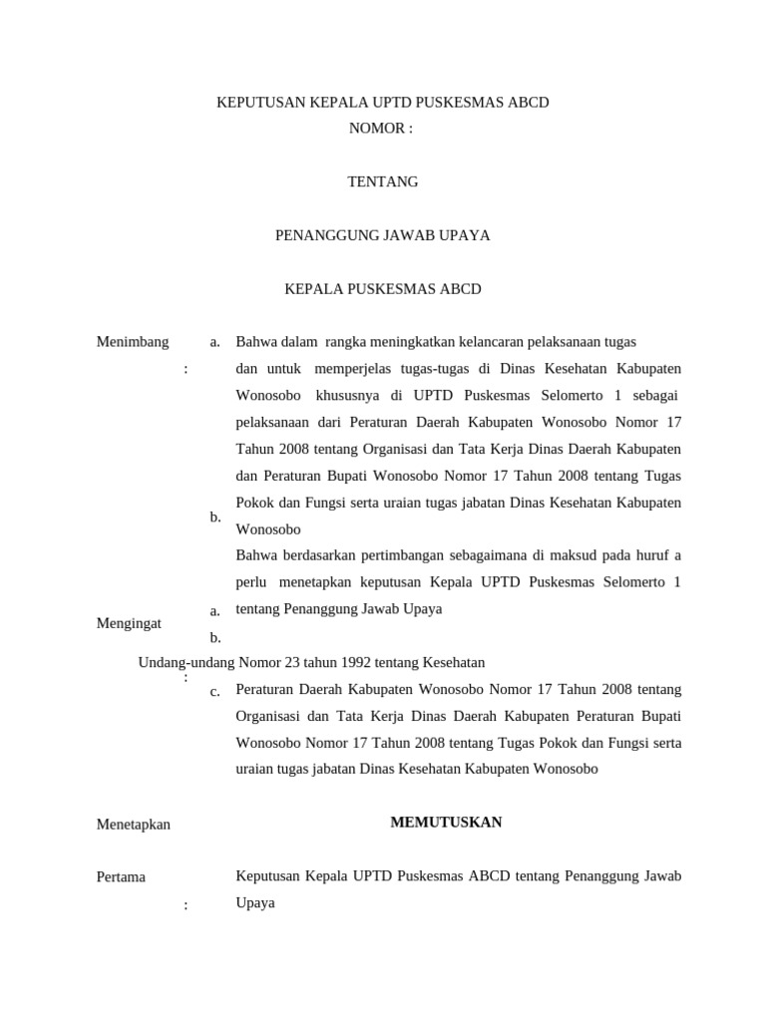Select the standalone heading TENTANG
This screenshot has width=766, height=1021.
383,181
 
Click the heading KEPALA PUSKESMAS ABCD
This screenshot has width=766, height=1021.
383,289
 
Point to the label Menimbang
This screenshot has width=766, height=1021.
133,342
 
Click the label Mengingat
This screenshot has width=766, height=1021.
130,623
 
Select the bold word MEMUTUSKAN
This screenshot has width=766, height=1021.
447,823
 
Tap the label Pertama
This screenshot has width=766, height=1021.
121,877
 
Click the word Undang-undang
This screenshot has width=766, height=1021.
181,662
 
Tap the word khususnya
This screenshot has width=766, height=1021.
348,396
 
